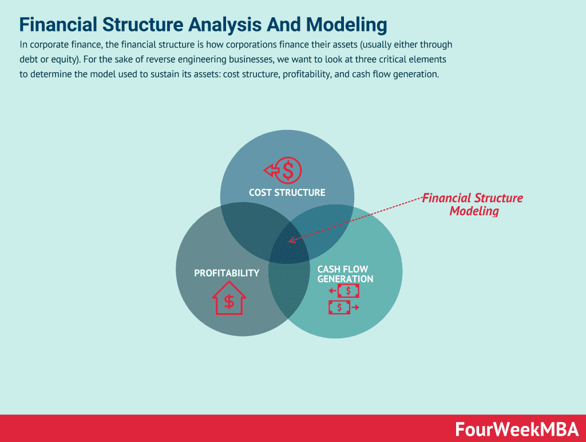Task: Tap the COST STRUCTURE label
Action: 287,192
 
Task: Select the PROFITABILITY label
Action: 227,273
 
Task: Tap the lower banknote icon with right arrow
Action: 340,307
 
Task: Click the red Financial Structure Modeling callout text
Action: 473,204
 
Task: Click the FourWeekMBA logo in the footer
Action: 517,429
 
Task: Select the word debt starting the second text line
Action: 29,60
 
